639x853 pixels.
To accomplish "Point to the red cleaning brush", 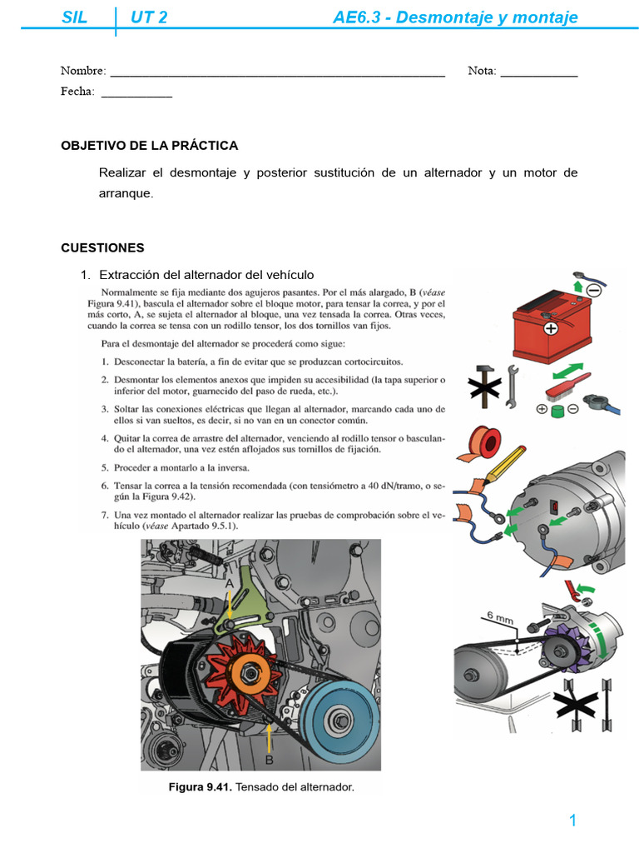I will pos(560,387).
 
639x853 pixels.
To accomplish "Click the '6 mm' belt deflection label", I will pos(501,617).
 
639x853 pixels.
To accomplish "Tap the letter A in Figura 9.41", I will pos(230,585).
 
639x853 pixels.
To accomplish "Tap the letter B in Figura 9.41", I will pos(270,759).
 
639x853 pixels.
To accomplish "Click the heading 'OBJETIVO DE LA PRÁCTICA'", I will pos(149,146).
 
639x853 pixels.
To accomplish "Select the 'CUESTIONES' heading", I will pos(102,247).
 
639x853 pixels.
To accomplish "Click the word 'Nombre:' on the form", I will pos(83,71).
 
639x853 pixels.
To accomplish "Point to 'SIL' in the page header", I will pos(75,17).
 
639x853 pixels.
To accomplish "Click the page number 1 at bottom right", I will pos(572,821).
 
